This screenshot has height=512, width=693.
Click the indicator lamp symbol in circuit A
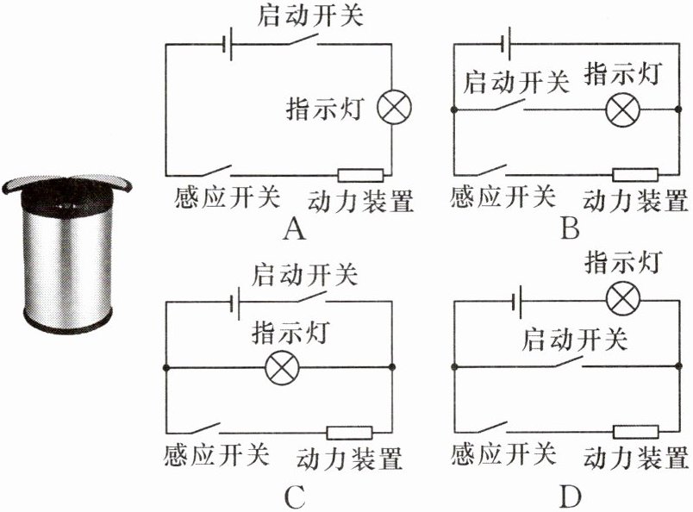(394, 108)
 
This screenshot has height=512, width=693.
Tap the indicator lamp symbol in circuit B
(622, 109)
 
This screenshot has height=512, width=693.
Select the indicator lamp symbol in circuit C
(282, 367)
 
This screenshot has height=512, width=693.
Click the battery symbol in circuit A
(228, 44)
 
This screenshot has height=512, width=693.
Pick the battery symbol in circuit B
(507, 43)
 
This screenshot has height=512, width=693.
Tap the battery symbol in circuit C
(236, 303)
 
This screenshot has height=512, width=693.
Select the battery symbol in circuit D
(517, 302)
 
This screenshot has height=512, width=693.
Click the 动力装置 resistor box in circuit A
(360, 176)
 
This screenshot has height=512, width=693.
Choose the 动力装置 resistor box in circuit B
(635, 175)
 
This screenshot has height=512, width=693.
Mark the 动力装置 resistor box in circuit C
(350, 433)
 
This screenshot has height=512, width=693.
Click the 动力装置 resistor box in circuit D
(635, 432)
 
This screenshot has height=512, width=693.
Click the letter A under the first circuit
(294, 229)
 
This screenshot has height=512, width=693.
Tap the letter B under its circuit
(570, 228)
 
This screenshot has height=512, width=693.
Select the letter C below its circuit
(295, 496)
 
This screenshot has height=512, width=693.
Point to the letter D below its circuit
(571, 496)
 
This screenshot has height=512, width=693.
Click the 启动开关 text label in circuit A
(309, 16)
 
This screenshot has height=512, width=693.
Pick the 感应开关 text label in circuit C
(216, 454)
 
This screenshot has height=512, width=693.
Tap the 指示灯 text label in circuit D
(623, 262)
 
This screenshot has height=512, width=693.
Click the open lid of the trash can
(66, 182)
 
